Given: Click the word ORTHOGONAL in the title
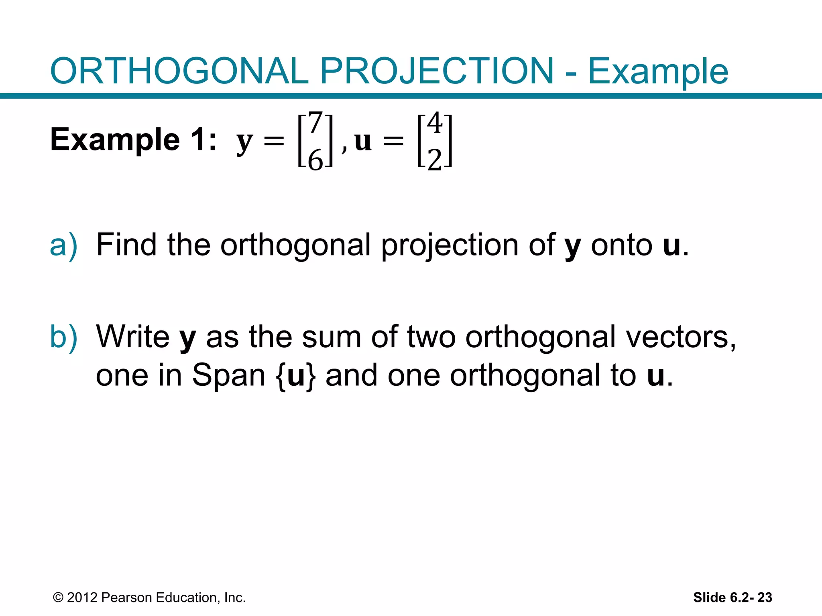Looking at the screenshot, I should tap(179, 71).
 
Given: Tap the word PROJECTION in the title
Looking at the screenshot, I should tap(436, 71).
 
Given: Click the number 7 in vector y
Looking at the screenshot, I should tap(315, 123).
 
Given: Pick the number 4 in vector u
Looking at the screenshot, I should tap(435, 123).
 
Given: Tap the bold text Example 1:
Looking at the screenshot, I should tap(133, 140).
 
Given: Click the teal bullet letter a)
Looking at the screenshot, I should tap(63, 245).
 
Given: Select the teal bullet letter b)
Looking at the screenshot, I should tap(63, 337).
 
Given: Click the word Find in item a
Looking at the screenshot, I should tap(126, 245).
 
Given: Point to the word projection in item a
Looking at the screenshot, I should tap(450, 245).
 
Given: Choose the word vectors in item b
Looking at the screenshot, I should tap(681, 337).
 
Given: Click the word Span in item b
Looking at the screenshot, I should tap(228, 375).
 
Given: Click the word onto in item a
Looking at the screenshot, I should tap(621, 245).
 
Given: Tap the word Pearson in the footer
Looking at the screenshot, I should tap(127, 598).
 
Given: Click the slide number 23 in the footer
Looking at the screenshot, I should tap(765, 598).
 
